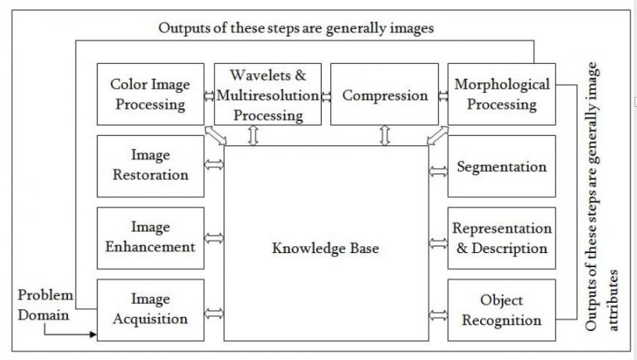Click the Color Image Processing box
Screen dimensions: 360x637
point(150,95)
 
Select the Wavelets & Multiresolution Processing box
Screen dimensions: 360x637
point(267,95)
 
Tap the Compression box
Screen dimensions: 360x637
point(384,95)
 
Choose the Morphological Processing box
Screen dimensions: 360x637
point(501,95)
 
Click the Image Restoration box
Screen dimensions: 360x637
point(150,165)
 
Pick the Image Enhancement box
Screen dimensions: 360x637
point(150,236)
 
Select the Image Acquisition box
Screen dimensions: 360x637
point(150,309)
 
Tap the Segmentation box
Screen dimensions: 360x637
point(501,167)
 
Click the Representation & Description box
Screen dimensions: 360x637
point(501,239)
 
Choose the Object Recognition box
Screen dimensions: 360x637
point(501,310)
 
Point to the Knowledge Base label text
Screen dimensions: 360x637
point(326,247)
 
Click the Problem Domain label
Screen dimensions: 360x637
point(46,305)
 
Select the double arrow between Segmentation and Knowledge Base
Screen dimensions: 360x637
point(438,171)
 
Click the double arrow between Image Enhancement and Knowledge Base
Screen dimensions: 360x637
point(214,239)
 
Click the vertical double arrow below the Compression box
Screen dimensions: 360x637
point(384,135)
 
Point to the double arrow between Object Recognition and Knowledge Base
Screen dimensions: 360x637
point(438,314)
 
